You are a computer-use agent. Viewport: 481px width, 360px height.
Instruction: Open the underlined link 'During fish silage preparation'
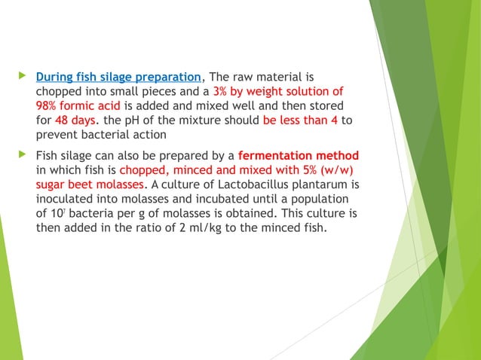point(119,77)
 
